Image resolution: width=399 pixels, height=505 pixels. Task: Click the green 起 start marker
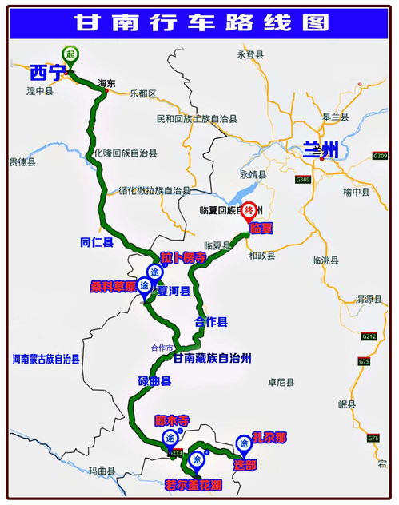point(70,54)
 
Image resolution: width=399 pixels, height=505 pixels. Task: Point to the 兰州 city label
point(320,149)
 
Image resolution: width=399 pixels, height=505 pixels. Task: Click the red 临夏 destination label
point(261,229)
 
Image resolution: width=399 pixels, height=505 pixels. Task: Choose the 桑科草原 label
point(113,284)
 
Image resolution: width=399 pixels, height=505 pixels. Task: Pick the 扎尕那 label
point(269,438)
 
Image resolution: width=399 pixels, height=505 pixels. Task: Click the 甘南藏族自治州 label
point(213,359)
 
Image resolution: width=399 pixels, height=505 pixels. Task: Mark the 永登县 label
point(250,54)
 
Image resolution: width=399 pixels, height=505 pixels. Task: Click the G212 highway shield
point(369,336)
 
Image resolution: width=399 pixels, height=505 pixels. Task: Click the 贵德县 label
point(23,161)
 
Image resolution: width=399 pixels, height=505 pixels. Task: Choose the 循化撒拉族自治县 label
point(154,191)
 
